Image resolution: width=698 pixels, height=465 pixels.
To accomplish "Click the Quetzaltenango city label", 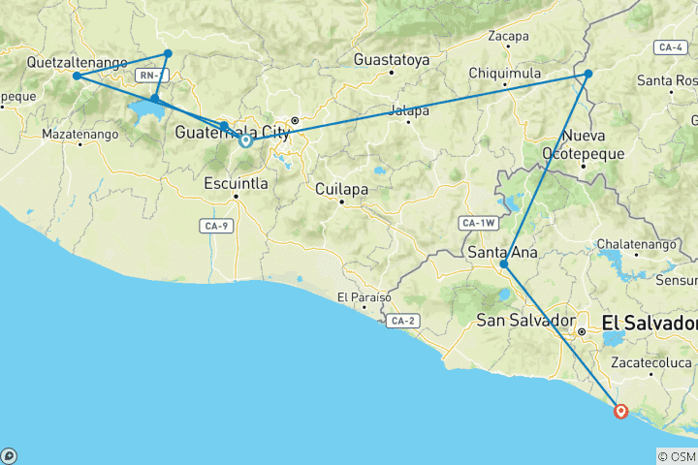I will coord(78,62).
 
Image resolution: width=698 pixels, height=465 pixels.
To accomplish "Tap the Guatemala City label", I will coord(233,132).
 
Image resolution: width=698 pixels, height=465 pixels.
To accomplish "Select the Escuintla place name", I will coord(236,182).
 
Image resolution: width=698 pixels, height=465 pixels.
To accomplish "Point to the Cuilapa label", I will coord(340,189).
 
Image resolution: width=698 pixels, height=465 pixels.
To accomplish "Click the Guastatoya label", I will coord(392,59).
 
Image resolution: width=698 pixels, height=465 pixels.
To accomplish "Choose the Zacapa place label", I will coord(509,37).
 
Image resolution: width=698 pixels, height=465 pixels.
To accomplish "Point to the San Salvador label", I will coord(523,321).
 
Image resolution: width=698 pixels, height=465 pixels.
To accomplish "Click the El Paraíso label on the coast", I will coord(361,296).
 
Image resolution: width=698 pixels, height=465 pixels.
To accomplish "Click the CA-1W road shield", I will coord(478,224).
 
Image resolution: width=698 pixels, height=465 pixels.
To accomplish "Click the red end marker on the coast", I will coord(621,411).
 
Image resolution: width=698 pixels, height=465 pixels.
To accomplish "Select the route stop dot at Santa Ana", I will coord(503,264).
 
